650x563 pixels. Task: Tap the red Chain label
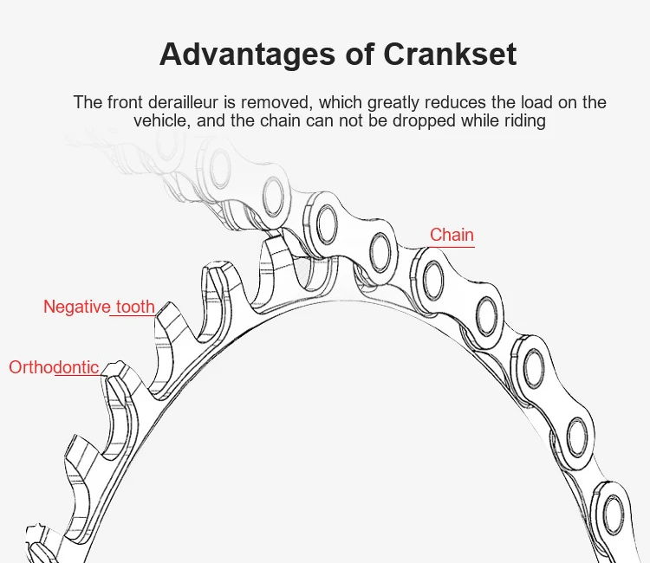click(x=452, y=235)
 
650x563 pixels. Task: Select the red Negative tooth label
click(x=99, y=307)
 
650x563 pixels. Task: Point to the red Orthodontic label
click(x=54, y=367)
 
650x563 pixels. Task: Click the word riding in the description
click(x=523, y=121)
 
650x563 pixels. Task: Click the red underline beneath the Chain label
click(x=452, y=247)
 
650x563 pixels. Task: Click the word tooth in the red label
click(x=135, y=307)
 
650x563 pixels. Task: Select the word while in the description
click(x=479, y=121)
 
